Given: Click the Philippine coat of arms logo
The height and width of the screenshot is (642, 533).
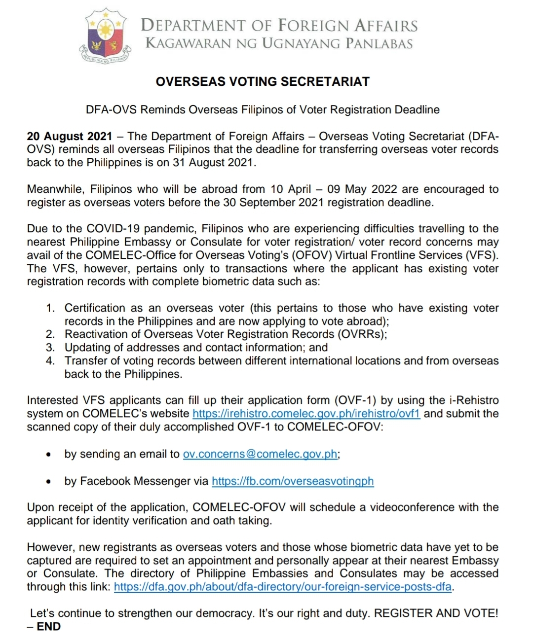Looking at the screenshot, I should pos(107,37).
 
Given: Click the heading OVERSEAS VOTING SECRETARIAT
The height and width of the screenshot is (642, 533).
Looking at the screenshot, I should pos(263,82).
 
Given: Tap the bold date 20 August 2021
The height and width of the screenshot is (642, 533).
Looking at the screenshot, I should pos(70,136).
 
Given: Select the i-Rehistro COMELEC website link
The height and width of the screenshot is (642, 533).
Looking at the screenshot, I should pos(306,414).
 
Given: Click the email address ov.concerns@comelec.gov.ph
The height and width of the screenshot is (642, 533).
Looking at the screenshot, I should pos(260,454).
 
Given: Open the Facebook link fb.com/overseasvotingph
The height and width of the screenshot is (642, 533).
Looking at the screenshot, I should pos(293,481).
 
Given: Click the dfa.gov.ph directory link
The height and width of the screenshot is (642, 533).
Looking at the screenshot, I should pos(283,587).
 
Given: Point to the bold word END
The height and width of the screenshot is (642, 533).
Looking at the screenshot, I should pos(49,627).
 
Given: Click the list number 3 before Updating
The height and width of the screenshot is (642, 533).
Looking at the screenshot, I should pos(50,348).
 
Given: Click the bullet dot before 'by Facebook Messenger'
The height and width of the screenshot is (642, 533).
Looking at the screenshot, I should pos(48,482).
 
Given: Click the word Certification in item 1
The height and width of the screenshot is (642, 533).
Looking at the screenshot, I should pos(95,308).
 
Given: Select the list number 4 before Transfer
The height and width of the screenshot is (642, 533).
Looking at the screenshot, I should pos(50,361).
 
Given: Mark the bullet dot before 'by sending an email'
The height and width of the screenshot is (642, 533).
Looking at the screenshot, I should pos(48,455).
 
